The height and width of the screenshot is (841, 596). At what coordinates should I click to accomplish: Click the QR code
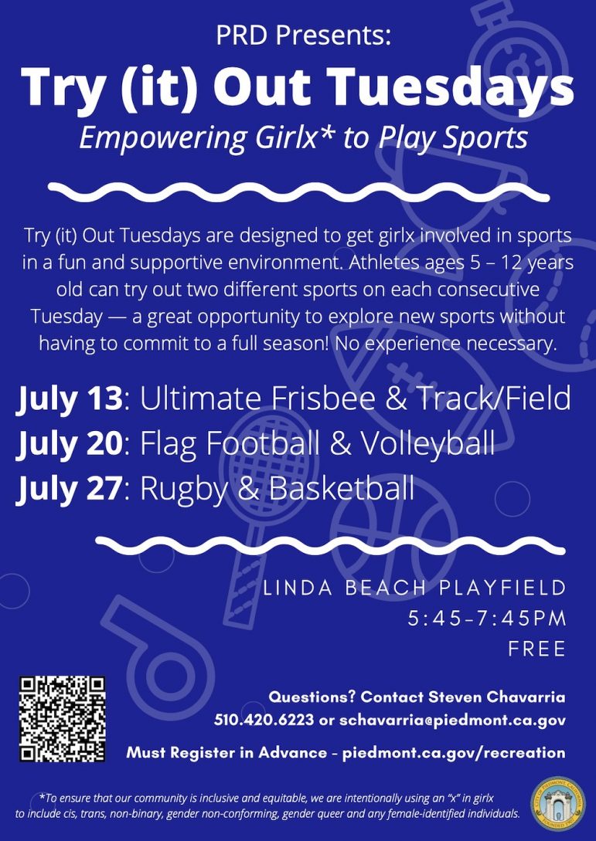coord(63,719)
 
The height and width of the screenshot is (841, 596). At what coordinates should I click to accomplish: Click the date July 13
coord(69,398)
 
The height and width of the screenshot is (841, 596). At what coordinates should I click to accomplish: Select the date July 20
coord(69,443)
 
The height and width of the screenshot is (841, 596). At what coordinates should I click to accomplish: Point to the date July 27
coord(69,489)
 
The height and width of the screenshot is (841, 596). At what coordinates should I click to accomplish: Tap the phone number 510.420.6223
coord(264,720)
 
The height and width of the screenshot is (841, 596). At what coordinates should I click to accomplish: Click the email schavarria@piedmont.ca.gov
coord(452,720)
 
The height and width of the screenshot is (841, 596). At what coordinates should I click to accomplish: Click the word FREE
coord(537,649)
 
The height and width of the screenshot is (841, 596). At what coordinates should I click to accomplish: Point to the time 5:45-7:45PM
coord(486,619)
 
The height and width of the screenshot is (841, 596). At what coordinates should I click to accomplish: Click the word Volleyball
coord(427,443)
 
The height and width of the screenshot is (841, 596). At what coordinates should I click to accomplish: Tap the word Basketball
coord(342,489)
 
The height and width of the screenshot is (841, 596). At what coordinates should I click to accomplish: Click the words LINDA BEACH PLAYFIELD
coord(414,588)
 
